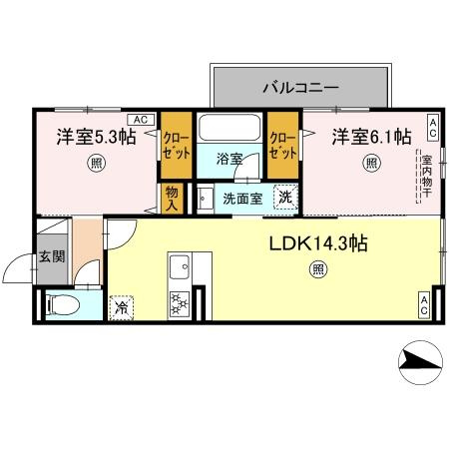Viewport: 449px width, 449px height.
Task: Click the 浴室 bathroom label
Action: pos(230,158)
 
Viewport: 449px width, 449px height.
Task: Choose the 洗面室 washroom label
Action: pos(241,198)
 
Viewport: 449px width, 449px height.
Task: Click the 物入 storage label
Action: pos(172,198)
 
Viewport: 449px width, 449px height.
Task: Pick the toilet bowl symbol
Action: pos(62,304)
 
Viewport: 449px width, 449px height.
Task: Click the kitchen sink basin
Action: pos(182,266)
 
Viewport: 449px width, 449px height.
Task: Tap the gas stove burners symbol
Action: pos(182,301)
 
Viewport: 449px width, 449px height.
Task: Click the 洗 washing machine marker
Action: pos(285,198)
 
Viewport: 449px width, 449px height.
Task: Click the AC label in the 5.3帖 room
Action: pos(140,120)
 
